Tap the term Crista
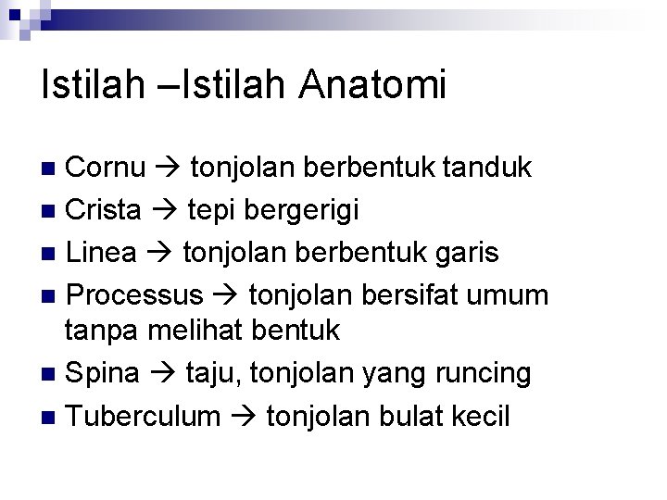pos(104,210)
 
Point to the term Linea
pos(102,253)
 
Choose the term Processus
pos(135,295)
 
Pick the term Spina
pos(103,373)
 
